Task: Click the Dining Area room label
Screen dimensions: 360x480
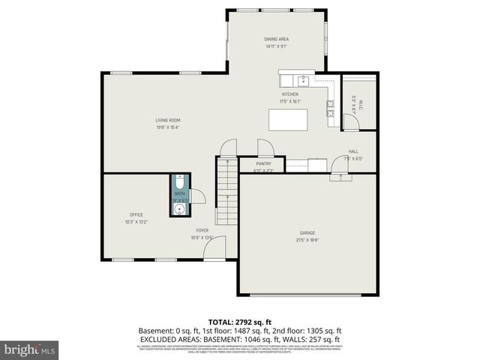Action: (276, 39)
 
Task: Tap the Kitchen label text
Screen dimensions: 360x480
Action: (289, 94)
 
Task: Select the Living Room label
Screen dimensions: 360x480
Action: (167, 120)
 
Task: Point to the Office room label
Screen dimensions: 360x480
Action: (136, 214)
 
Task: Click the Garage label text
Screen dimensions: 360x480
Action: (307, 233)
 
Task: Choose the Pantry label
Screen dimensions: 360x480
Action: (263, 163)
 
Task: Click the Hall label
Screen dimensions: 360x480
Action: (353, 151)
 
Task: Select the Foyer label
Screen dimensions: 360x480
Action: (202, 230)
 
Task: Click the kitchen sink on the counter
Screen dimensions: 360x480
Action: (303, 79)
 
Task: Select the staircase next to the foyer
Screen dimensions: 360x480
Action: (227, 191)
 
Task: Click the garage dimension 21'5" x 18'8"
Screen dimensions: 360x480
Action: (307, 240)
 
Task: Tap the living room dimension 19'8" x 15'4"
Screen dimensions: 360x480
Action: (167, 127)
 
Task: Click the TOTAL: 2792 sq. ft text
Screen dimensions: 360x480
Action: (239, 322)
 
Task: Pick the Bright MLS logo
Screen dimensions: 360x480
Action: (30, 349)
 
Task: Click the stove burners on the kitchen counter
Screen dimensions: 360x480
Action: (330, 109)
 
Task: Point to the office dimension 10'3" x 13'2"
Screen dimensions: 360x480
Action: (136, 221)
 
